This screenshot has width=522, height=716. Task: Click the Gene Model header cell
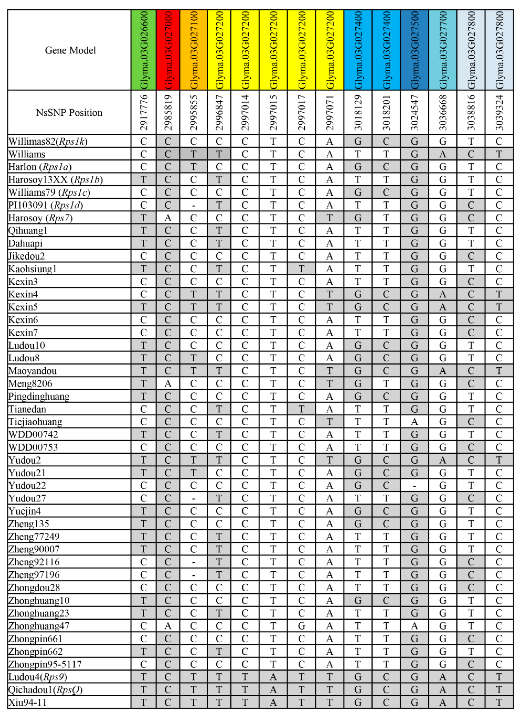[70, 50]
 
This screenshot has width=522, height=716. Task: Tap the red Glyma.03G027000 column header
[168, 50]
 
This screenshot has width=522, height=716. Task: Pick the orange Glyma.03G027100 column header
[194, 50]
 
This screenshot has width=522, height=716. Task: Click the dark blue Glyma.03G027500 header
[415, 50]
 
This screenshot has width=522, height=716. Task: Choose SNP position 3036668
[443, 113]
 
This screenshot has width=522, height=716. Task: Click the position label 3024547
[415, 113]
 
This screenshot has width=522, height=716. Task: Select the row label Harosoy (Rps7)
[40, 218]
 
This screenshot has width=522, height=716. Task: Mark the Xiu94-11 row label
[27, 702]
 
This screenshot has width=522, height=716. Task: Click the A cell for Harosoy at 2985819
[168, 218]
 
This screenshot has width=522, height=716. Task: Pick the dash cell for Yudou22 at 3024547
[415, 486]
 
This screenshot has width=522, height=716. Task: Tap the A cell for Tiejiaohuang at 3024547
[415, 422]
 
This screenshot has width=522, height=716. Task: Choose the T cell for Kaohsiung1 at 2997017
[301, 269]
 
